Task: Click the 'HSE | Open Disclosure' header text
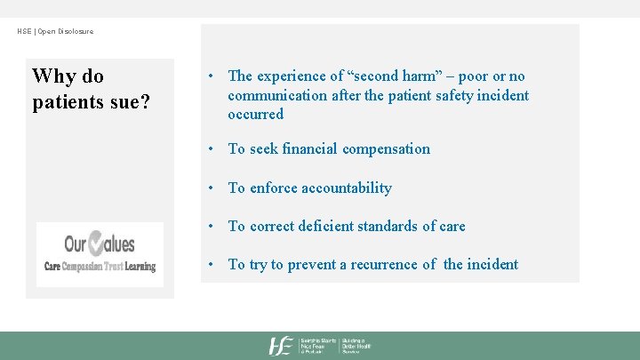point(55,32)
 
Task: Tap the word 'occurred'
point(255,114)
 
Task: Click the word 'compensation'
point(394,149)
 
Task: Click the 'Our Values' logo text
point(100,244)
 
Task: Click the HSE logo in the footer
point(283,346)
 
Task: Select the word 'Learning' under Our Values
point(140,266)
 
